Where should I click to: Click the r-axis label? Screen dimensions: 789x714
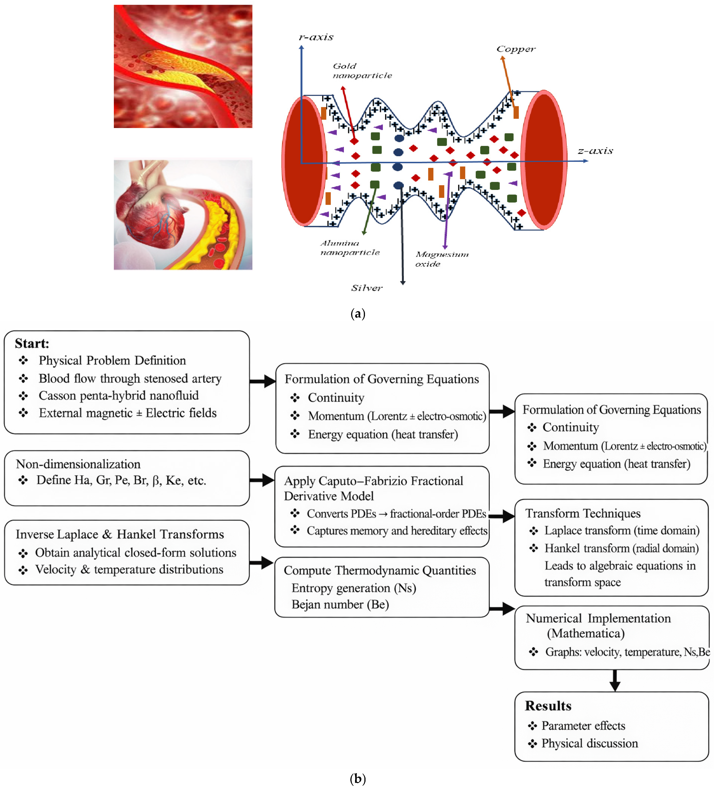point(316,37)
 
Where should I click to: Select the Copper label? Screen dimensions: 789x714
point(516,49)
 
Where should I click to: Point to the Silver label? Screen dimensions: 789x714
point(366,288)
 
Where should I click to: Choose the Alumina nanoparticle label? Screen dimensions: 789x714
point(349,248)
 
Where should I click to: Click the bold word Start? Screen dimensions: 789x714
point(32,343)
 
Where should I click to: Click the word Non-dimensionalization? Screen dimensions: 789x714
point(78,464)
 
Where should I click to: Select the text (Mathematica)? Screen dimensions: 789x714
point(585,633)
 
